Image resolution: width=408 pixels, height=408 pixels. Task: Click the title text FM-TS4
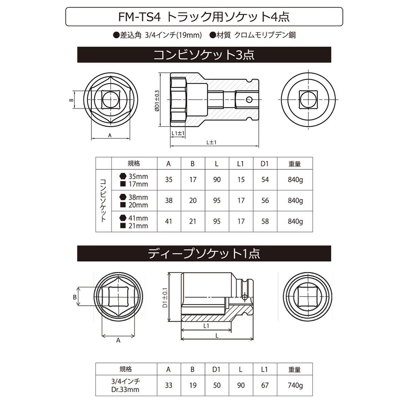click(139, 17)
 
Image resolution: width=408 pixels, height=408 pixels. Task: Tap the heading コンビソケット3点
click(204, 55)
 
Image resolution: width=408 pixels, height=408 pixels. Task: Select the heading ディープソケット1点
click(204, 253)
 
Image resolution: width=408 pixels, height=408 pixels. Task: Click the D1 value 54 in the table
click(265, 180)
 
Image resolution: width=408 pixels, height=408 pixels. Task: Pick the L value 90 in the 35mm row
click(217, 180)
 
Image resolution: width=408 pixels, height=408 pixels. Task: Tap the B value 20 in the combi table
click(193, 201)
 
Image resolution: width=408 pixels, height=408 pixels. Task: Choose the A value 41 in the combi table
click(169, 221)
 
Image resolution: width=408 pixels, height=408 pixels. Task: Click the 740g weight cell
click(295, 385)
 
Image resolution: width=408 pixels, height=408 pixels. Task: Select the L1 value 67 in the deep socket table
click(265, 385)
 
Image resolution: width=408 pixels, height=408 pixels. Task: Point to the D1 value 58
click(265, 221)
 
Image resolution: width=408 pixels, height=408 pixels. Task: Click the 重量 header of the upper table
click(294, 164)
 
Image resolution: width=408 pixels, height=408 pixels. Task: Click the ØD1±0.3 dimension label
click(157, 100)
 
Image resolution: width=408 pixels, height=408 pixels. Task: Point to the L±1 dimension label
click(211, 142)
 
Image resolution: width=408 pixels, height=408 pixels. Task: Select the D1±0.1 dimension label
click(165, 297)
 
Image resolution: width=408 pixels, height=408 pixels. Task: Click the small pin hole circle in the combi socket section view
click(249, 100)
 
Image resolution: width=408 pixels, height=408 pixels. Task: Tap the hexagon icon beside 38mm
click(123, 197)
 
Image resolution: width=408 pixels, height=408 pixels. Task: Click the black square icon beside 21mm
click(123, 225)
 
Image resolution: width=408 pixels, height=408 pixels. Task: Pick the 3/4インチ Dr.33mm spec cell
click(125, 385)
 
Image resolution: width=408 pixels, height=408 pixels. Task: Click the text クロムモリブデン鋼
click(265, 35)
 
